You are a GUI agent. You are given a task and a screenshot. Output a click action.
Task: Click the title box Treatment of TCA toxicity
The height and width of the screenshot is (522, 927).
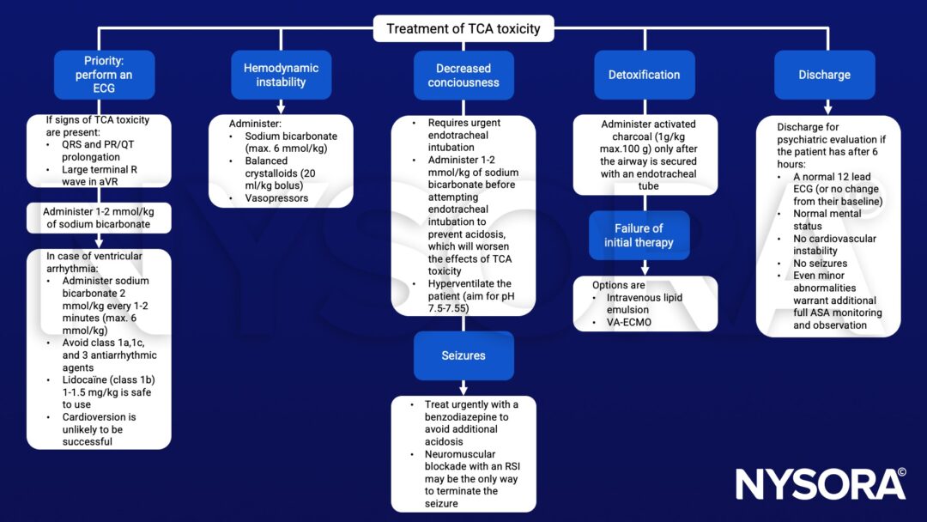click(x=463, y=28)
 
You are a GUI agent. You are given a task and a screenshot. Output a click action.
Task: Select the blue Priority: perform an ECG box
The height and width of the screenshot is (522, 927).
click(x=104, y=75)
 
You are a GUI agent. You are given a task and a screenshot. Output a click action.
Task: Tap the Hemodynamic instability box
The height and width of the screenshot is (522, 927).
click(x=281, y=75)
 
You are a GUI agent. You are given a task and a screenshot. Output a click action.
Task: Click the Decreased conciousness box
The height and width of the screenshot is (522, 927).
click(x=463, y=75)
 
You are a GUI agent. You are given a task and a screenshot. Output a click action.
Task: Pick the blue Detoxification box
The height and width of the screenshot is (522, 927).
click(x=644, y=75)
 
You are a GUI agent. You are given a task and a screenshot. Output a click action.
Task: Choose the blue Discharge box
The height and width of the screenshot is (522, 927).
click(x=824, y=75)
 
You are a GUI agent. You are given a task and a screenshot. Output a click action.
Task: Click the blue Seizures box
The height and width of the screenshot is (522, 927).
click(x=463, y=355)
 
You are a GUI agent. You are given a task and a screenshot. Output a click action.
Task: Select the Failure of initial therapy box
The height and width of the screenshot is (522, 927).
click(x=639, y=235)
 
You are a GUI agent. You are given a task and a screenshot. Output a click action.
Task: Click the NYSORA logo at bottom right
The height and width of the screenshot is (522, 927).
click(x=820, y=484)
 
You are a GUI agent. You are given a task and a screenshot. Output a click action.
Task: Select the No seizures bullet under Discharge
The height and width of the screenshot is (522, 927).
click(x=820, y=264)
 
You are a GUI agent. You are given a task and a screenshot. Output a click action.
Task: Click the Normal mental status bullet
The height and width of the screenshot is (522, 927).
click(x=827, y=221)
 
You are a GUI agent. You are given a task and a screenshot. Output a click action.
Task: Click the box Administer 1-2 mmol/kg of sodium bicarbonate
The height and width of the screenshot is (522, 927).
click(x=99, y=218)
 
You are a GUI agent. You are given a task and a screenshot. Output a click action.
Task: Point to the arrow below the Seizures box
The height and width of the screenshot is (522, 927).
click(x=463, y=387)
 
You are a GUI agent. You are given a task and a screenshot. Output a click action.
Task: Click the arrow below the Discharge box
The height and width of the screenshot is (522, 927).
click(x=827, y=107)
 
